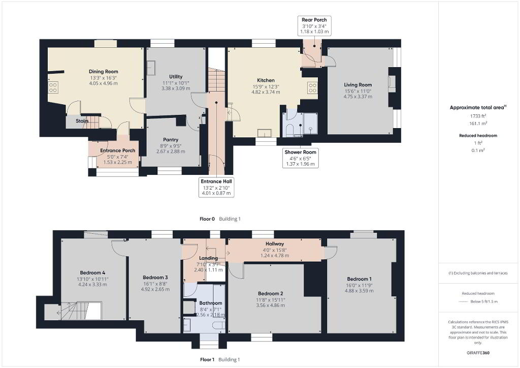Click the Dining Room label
coord(104,71)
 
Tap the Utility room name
coord(176,76)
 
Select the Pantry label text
coord(171,140)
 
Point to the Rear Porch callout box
coord(314,26)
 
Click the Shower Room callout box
coord(301,158)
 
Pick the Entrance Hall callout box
coord(216,187)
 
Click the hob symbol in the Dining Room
coord(53,87)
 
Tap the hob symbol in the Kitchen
coord(312,88)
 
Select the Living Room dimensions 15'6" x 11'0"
coord(358,91)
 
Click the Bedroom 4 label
coord(92,273)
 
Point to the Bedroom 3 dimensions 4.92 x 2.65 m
coord(155,289)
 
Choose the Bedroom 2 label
coord(271,294)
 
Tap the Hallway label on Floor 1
coord(275,244)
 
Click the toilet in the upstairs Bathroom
coord(219,325)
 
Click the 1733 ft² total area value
coord(478,116)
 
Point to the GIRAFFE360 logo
coord(478,352)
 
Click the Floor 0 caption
coord(207,219)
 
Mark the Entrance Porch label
coord(118,150)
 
